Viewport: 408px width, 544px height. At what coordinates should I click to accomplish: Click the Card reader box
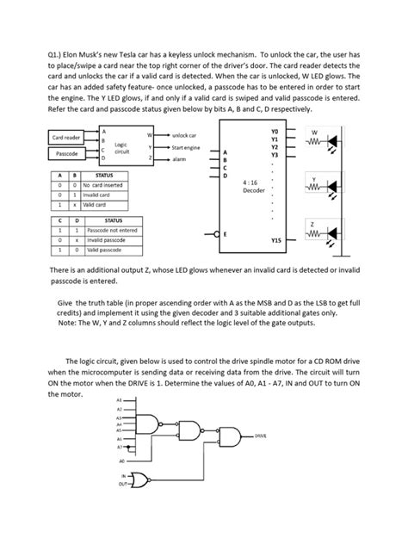[x=66, y=138]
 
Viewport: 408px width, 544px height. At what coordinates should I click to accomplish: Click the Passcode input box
[x=66, y=155]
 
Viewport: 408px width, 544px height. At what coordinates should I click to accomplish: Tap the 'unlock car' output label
[x=184, y=135]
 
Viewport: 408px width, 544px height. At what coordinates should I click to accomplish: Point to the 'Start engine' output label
[x=186, y=148]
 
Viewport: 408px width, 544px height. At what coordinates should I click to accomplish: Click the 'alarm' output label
[x=180, y=159]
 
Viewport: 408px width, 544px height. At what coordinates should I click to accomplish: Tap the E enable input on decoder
[x=226, y=233]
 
